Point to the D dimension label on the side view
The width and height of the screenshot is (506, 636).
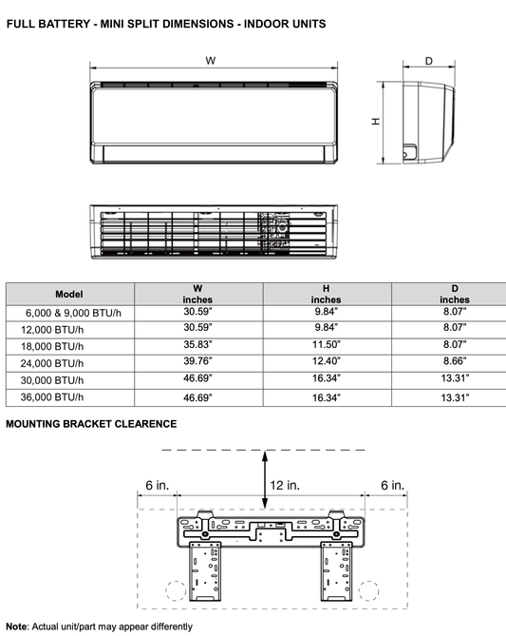tap(428, 61)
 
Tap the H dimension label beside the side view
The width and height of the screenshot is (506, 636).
tap(376, 121)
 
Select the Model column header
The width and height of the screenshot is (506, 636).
tap(69, 294)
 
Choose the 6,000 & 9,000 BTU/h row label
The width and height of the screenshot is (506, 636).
tap(69, 311)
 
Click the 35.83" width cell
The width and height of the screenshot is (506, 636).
tap(197, 344)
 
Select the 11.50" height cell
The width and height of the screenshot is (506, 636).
tap(325, 344)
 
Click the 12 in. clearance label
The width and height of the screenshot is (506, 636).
tap(285, 485)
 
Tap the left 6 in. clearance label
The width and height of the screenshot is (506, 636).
tap(157, 485)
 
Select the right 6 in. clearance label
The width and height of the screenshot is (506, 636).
tap(391, 485)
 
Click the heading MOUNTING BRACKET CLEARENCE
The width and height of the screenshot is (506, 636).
tap(91, 423)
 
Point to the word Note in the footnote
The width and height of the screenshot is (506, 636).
tap(17, 626)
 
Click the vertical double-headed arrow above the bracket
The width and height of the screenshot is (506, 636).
tap(264, 480)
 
